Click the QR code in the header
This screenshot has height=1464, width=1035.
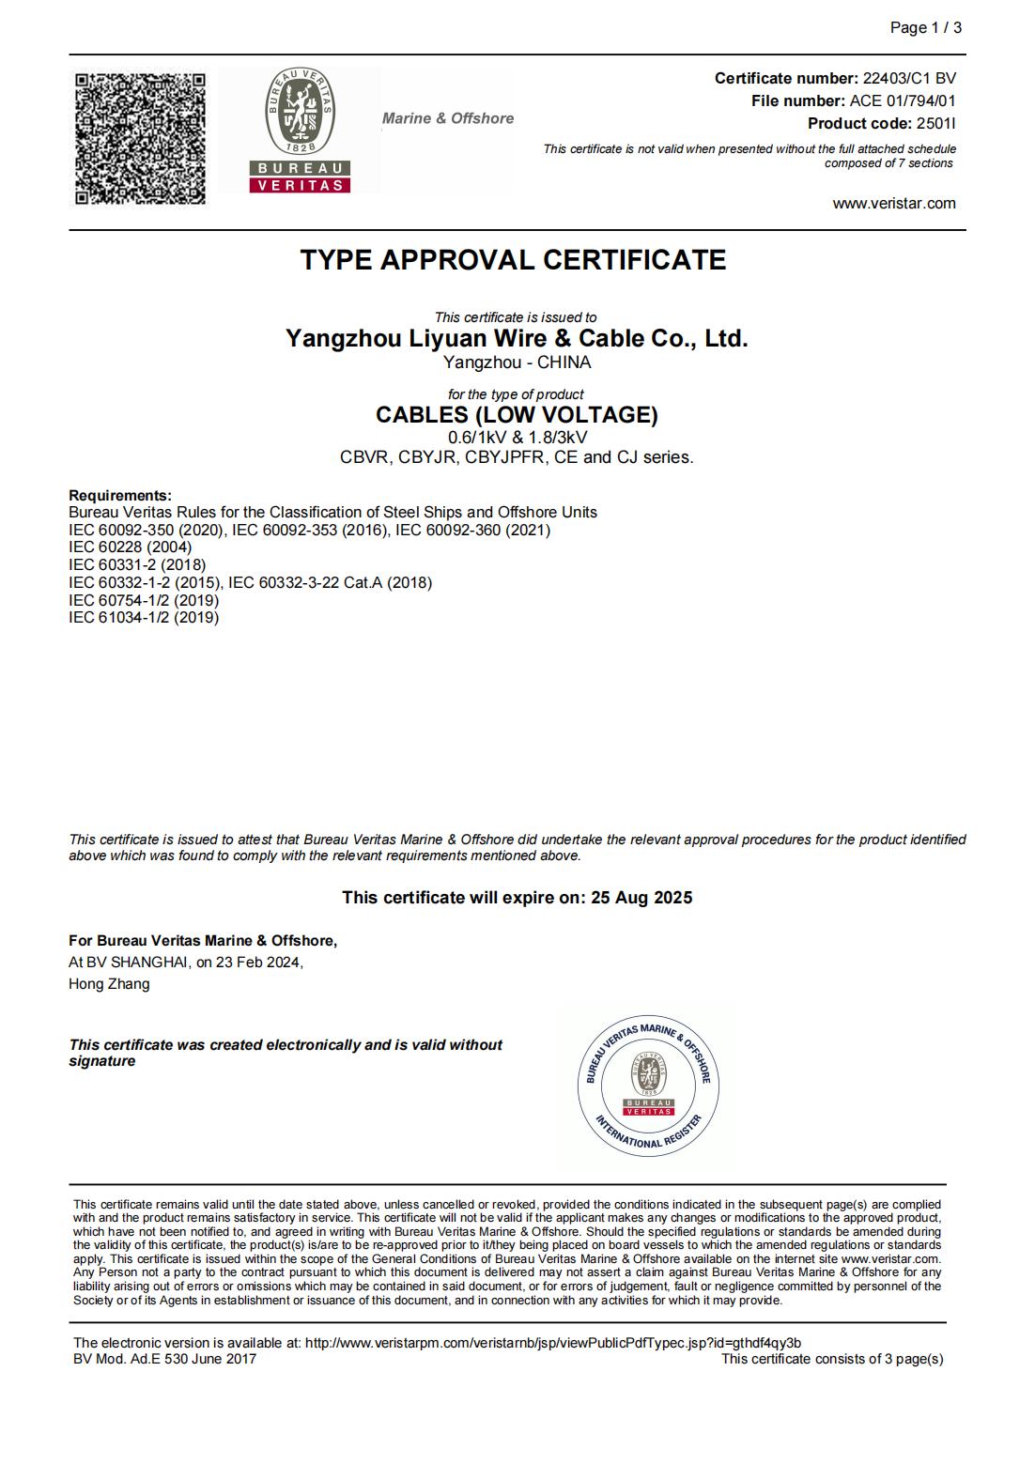tap(140, 138)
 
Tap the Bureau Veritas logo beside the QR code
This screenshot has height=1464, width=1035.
tap(300, 130)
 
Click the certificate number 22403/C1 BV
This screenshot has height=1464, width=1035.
tap(909, 79)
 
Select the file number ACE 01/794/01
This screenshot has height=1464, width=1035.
tap(903, 101)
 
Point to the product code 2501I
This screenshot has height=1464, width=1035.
tap(935, 124)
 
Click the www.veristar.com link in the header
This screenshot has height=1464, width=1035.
tap(894, 204)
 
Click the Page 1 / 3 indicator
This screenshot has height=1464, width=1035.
tap(925, 28)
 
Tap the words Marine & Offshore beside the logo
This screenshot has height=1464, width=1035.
tap(448, 118)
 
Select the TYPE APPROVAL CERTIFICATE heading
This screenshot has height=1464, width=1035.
tap(513, 260)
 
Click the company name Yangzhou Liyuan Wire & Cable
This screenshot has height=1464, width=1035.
tap(517, 339)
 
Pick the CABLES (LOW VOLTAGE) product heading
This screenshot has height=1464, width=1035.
tap(517, 415)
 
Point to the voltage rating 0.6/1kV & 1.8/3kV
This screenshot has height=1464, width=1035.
tap(517, 438)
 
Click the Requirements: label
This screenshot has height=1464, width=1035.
tap(120, 496)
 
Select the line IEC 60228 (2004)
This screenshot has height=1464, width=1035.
tap(130, 547)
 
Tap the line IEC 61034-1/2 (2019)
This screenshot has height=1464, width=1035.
tap(144, 618)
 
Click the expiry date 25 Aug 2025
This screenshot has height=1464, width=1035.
tap(641, 898)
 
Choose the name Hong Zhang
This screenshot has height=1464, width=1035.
tap(109, 984)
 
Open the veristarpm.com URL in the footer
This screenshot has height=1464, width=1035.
tap(553, 1343)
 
